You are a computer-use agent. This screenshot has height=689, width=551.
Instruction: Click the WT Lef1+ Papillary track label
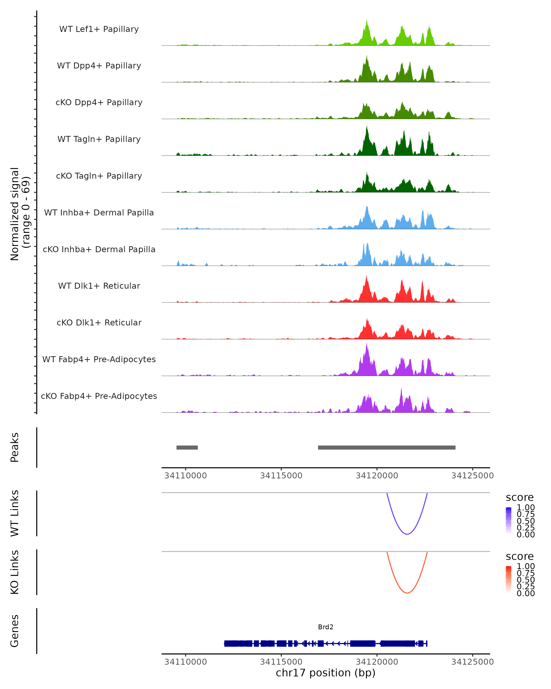(99, 29)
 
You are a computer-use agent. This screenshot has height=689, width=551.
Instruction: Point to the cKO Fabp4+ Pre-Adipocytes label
(99, 396)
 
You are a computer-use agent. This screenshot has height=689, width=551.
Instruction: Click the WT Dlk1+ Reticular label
(99, 286)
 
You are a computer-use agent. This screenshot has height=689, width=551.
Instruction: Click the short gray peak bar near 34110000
(187, 447)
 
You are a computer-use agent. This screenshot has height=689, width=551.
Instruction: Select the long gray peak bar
(386, 447)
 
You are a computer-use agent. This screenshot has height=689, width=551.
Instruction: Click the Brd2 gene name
(326, 627)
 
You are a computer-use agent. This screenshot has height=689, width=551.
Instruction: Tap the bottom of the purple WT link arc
(407, 534)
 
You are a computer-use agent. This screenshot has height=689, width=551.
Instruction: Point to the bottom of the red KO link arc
(407, 593)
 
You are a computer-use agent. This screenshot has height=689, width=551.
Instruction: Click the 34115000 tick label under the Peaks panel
(281, 476)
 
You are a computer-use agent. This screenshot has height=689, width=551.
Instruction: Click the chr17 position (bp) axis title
(326, 673)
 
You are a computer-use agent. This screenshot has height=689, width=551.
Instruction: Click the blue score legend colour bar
(509, 520)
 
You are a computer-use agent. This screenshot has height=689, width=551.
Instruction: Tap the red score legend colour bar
(509, 579)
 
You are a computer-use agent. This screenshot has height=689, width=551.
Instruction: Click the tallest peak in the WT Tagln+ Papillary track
(367, 127)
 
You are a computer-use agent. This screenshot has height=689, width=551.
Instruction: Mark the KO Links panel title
(15, 572)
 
